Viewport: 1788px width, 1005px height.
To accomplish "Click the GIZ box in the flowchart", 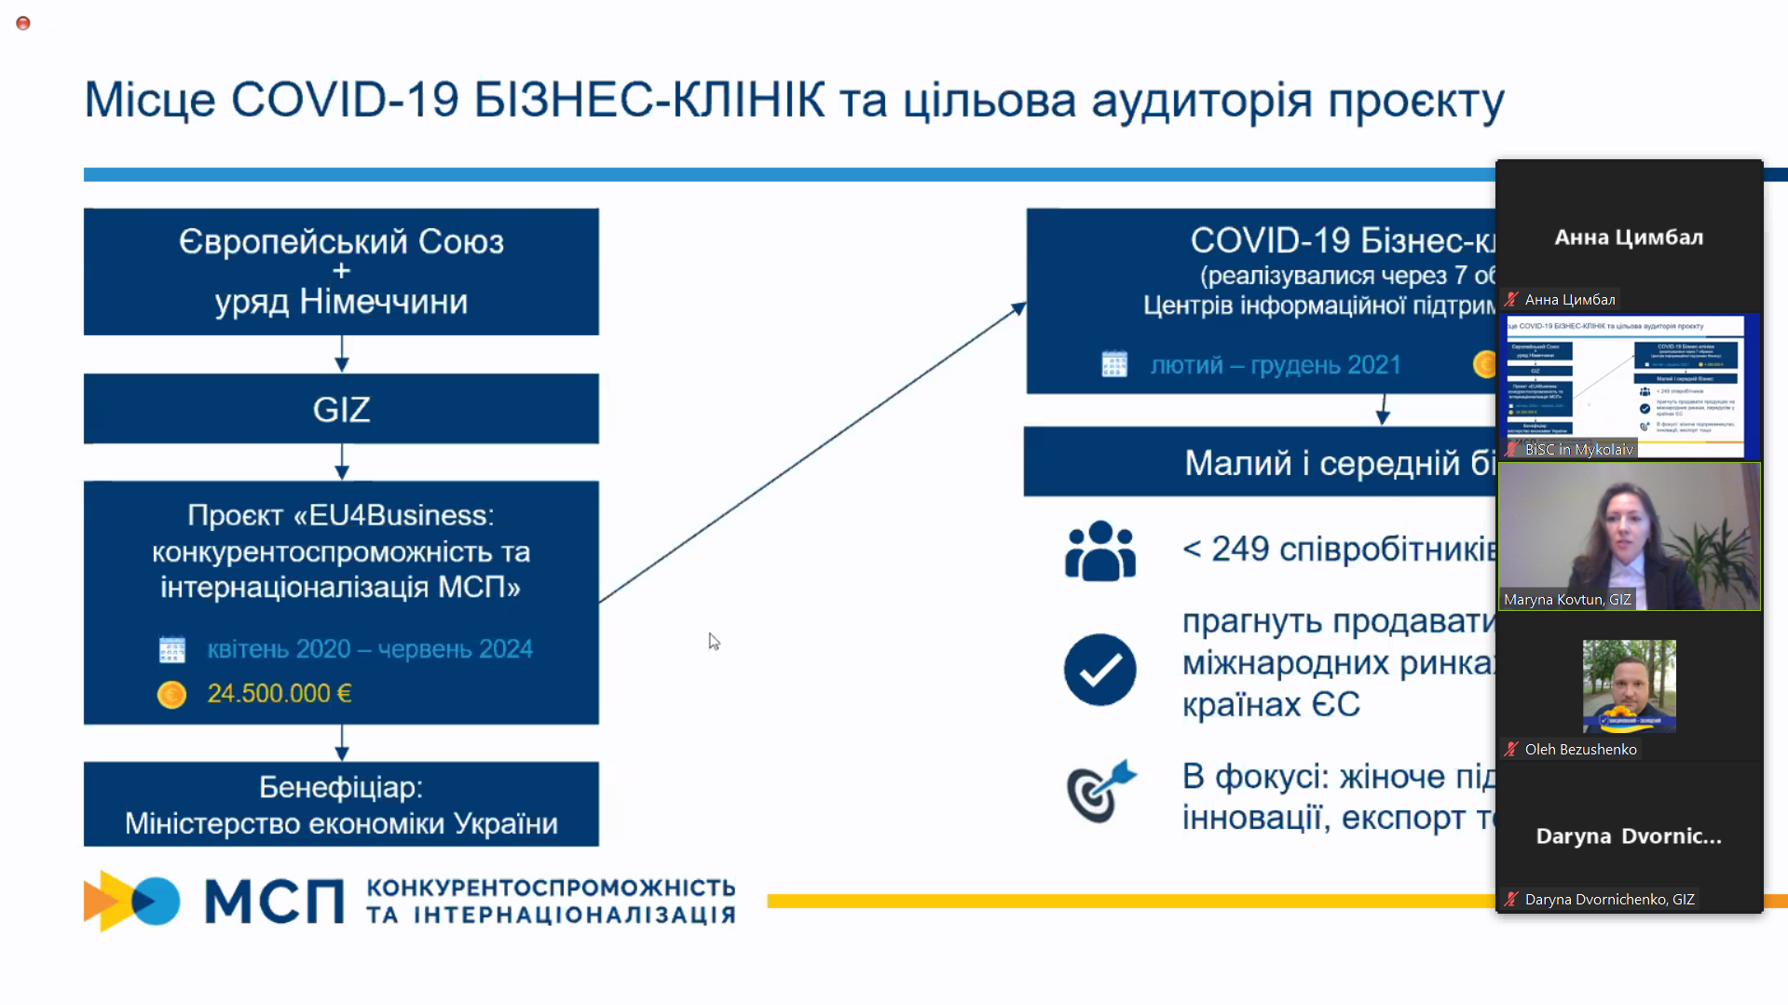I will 341,410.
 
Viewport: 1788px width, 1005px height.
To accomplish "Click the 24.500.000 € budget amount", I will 279,694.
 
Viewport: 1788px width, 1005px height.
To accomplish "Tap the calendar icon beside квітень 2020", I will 172,649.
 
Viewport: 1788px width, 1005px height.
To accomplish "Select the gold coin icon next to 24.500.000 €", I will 171,695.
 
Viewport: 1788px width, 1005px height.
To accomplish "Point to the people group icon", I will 1100,550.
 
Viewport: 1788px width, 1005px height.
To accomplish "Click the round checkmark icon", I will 1100,670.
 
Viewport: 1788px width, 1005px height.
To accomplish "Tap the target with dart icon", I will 1100,792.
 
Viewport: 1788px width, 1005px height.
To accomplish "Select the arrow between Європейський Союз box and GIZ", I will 342,355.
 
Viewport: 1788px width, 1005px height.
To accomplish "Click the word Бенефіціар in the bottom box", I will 340,788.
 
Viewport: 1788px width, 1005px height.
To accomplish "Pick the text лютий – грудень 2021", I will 1276,365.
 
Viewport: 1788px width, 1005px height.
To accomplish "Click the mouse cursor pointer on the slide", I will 714,642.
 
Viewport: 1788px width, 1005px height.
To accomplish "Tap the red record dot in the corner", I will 23,23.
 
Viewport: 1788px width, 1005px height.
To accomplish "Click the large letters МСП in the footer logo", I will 274,902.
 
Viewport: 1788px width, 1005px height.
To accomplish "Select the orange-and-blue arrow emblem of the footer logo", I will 131,901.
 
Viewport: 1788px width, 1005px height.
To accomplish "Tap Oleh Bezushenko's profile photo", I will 1629,686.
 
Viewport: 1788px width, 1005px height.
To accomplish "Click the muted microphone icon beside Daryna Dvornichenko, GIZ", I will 1511,900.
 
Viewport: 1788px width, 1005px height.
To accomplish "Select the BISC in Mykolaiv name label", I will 1578,450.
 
